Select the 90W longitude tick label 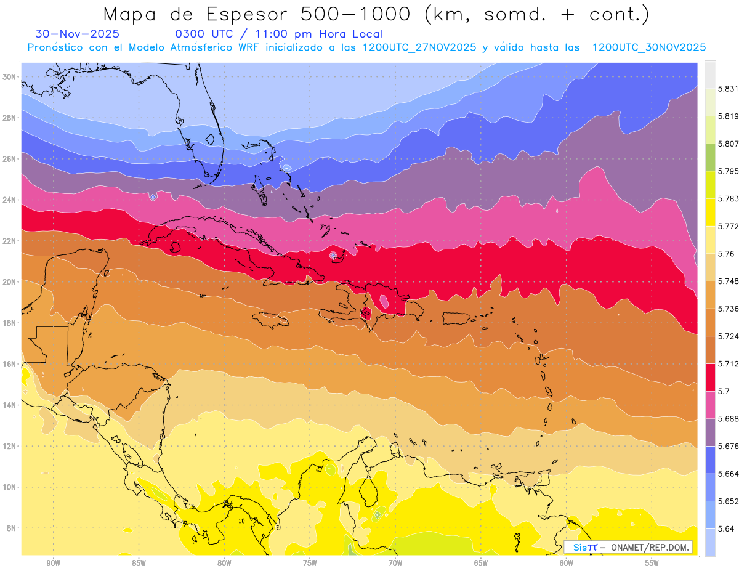54,563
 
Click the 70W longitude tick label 395,563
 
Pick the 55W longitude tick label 652,563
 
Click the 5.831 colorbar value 728,89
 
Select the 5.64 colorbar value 725,528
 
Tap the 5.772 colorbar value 728,227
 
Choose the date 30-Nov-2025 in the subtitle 77,34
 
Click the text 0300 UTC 200,34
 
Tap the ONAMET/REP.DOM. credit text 651,547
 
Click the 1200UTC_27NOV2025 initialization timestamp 419,47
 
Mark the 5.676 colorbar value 728,446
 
